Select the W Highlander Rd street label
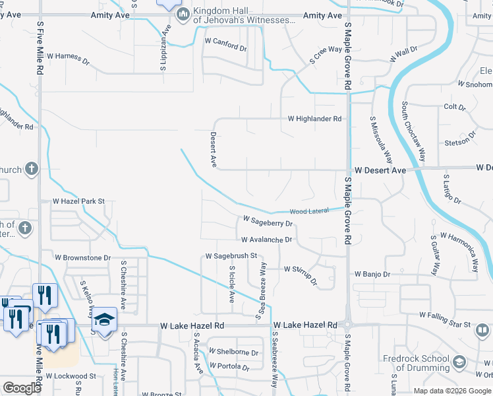point(314,119)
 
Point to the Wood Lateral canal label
point(308,211)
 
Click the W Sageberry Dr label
point(267,221)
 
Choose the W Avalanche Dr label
point(266,240)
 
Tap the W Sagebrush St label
point(231,255)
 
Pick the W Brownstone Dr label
point(82,257)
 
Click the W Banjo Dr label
point(372,274)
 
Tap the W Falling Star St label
point(445,325)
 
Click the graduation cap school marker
point(104,320)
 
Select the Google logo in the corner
point(22,388)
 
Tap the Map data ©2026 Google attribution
point(453,391)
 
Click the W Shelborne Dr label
point(233,352)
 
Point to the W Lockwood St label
point(74,376)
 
